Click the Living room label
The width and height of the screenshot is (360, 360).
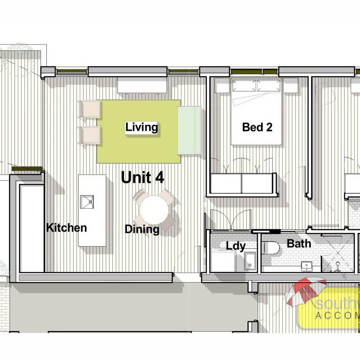point(141,127)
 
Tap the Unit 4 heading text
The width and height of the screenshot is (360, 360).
point(142,178)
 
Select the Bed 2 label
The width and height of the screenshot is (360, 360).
point(257,127)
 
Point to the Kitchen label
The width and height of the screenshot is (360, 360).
point(66,227)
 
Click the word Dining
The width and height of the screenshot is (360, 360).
point(142,229)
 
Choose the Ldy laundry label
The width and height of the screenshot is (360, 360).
point(236,246)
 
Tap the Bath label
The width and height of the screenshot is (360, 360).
point(299,243)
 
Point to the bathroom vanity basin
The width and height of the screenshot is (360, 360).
point(307,265)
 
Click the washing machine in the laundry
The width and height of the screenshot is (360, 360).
point(223,260)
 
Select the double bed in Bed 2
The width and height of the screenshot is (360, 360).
point(256,111)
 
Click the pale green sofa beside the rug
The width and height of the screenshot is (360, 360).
point(189,130)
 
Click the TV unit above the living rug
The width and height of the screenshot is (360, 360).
point(142,85)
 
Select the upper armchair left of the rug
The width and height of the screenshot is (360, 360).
point(90,109)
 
